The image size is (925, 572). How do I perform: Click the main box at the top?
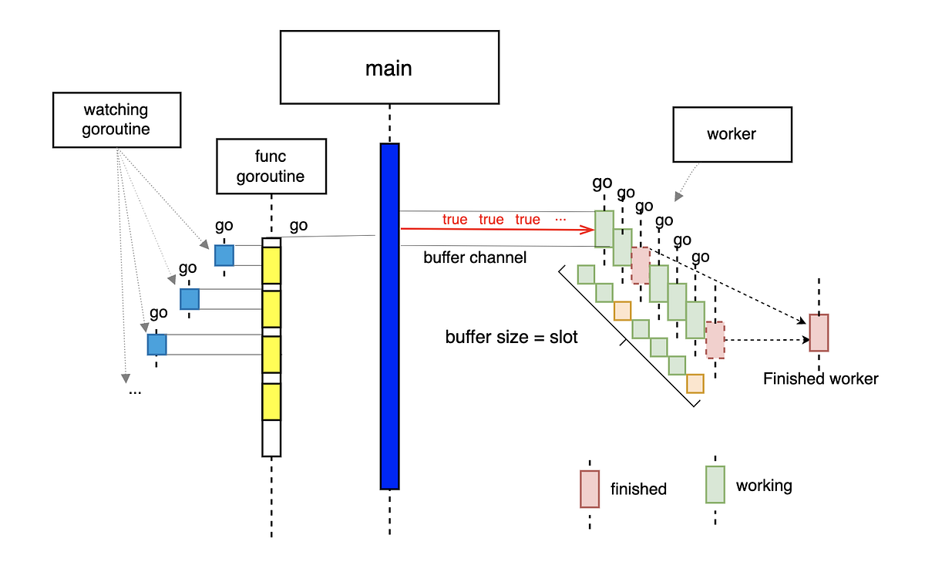pos(388,68)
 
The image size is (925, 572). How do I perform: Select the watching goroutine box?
pos(116,119)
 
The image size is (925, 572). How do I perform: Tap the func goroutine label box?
pos(271,166)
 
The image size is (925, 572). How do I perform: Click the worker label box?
pos(732,134)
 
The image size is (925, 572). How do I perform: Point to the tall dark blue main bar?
pos(389,316)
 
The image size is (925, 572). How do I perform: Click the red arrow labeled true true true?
pos(493,229)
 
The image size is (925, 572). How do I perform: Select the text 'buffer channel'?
pos(475,257)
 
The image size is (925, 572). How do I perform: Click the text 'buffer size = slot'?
pos(511,338)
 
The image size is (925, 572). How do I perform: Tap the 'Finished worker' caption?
pos(820,379)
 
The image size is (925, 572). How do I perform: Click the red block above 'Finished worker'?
pos(819,332)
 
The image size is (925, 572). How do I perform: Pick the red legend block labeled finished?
pos(590,488)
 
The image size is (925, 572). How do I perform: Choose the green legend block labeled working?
pos(715,484)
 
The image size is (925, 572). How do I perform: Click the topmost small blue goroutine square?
pos(224,255)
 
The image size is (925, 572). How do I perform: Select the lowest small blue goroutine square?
pos(156,344)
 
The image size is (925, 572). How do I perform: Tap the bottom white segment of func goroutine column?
pos(271,437)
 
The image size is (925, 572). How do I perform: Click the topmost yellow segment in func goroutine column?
pos(271,264)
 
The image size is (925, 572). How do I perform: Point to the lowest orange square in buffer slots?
pos(695,383)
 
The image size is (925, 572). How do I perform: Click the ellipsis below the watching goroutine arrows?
pos(135,392)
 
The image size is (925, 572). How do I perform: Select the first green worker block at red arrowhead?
pos(604,228)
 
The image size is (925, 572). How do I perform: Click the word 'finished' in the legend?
pos(638,489)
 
